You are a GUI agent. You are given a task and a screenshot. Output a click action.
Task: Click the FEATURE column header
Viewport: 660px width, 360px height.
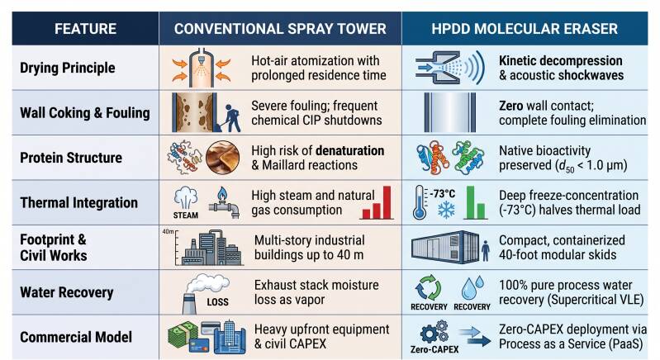85,29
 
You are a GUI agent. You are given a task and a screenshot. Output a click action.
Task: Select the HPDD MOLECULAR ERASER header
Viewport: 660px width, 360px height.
525,29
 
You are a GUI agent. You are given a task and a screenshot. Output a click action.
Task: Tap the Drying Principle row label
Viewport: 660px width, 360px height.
68,68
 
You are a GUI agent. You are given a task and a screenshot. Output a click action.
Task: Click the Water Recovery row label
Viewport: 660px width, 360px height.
67,292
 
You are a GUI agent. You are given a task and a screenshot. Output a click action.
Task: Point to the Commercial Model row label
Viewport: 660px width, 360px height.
76,337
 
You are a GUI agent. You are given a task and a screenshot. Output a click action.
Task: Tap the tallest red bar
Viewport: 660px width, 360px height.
387,202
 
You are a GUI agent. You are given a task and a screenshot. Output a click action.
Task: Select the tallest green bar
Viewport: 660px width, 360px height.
471,202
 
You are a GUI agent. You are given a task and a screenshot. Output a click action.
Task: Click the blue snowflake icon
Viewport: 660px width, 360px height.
446,209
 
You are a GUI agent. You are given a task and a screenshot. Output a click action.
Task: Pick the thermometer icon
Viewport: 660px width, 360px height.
420,202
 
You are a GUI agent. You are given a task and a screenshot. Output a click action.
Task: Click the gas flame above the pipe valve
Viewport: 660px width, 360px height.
222,194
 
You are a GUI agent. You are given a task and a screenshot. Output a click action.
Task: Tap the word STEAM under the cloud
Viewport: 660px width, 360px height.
186,215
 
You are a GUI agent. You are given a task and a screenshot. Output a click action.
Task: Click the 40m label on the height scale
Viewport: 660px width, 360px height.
168,232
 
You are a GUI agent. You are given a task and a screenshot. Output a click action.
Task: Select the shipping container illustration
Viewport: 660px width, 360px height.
445,247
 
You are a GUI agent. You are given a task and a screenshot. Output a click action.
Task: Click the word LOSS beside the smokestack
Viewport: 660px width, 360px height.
217,302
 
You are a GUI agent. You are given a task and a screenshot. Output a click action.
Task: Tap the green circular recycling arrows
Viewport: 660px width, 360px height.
428,288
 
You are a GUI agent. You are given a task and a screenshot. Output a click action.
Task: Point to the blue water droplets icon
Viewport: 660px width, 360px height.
472,288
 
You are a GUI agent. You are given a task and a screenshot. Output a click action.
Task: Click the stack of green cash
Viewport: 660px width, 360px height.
183,335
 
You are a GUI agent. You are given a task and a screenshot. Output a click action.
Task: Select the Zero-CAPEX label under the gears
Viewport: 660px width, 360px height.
434,349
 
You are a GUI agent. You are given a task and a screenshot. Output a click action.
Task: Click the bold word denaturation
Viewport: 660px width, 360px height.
349,150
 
